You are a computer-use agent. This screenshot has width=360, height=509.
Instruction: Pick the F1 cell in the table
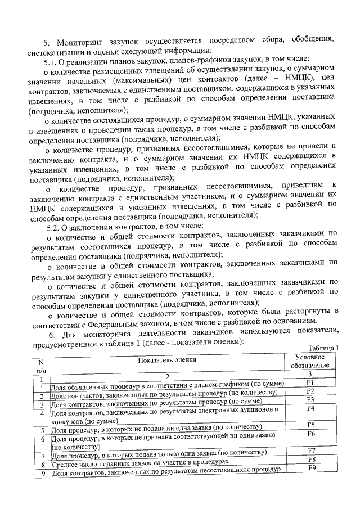tap(310, 383)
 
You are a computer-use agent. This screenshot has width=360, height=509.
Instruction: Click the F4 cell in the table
tap(310, 408)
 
